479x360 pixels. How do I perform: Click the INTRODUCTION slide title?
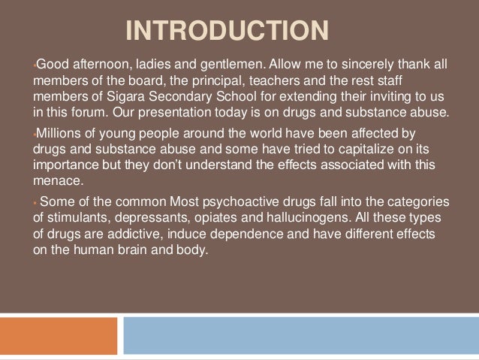(227, 32)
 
